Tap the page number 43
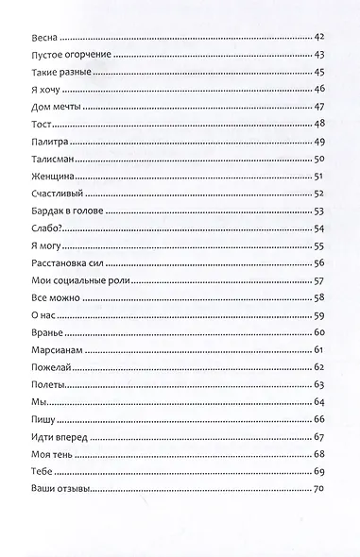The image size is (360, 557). click(x=318, y=55)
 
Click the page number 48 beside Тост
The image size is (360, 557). click(x=318, y=124)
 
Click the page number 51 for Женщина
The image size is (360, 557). click(x=318, y=176)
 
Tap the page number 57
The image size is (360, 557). click(x=318, y=279)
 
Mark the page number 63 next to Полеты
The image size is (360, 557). click(x=318, y=383)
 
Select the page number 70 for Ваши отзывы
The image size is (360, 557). click(x=318, y=487)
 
